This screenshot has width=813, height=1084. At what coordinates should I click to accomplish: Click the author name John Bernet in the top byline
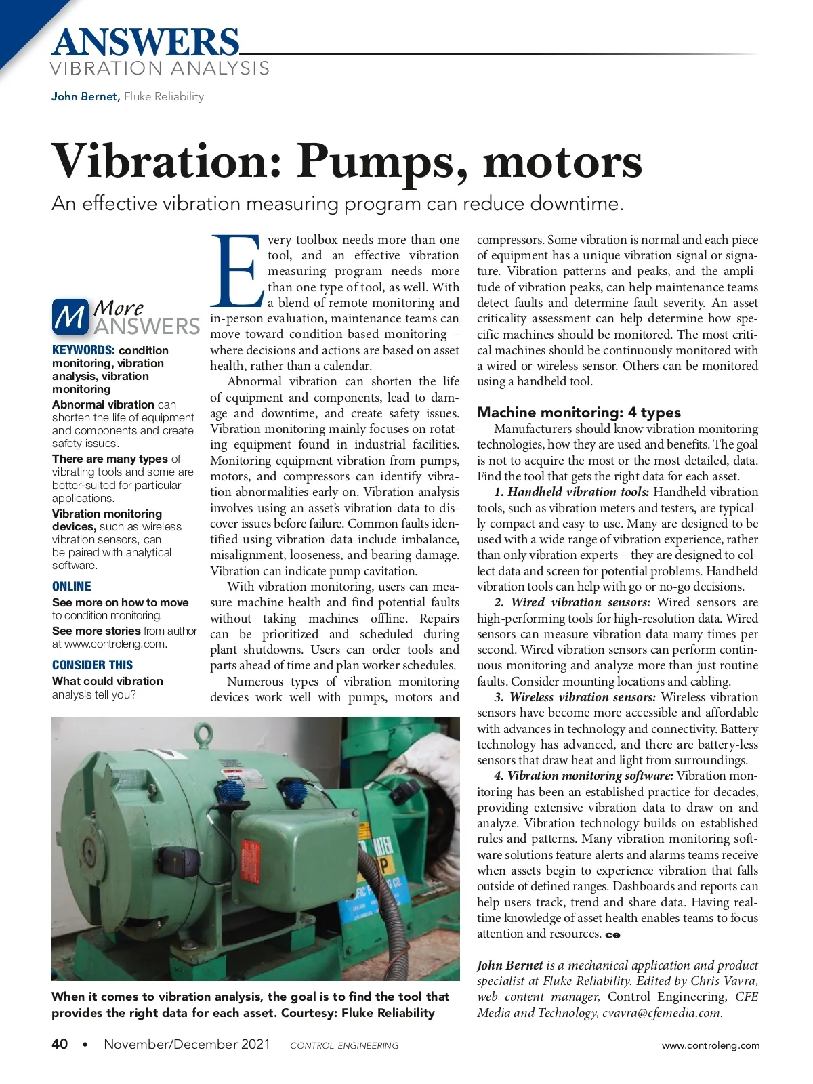[85, 96]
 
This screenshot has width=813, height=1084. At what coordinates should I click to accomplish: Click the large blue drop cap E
[236, 271]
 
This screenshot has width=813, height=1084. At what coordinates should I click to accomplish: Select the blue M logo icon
[70, 316]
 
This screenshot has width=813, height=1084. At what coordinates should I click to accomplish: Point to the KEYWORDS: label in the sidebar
[83, 350]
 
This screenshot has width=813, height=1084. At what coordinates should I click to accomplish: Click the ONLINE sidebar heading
[71, 587]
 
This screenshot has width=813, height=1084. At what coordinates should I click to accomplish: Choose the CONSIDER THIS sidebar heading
[92, 665]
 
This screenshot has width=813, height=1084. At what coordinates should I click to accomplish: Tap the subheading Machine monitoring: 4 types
[579, 412]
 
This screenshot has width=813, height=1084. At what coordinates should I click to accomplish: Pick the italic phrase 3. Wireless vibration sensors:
[575, 697]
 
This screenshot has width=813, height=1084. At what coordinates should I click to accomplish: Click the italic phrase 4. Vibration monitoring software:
[583, 776]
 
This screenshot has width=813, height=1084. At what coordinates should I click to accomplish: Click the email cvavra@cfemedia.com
[662, 1013]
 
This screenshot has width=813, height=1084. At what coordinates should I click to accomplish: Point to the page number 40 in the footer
[60, 1044]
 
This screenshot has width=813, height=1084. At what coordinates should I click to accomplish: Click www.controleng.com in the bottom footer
[710, 1045]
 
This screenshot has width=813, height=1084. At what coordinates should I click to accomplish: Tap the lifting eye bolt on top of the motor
[203, 734]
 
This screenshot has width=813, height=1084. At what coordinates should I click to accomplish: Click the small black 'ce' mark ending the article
[612, 935]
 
